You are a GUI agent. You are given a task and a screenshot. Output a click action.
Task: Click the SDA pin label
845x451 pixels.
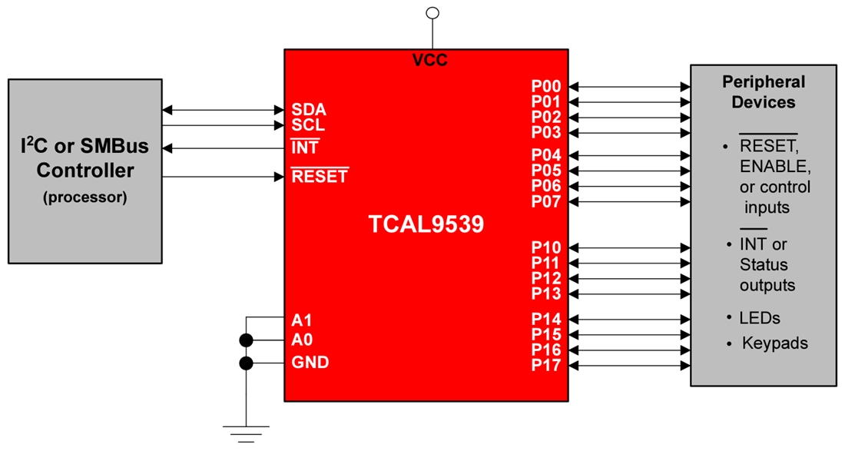pos(309,110)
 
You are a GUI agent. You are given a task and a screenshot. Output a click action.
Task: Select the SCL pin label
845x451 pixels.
pos(308,125)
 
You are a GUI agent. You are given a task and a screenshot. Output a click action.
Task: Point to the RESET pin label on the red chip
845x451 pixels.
pos(320,177)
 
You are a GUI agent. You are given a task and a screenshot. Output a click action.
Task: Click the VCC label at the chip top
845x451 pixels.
pos(430,61)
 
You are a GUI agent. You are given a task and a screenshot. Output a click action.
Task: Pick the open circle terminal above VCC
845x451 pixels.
pos(432,12)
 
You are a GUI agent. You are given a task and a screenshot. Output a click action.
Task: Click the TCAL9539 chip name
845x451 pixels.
pos(426,224)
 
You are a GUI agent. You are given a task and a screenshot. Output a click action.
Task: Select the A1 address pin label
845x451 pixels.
pos(302,319)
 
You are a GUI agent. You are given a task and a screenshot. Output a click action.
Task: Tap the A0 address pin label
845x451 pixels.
pos(302,340)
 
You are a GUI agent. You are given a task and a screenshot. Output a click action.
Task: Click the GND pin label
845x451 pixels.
pos(310,363)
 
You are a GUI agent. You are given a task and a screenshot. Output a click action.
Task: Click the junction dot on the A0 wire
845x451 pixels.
pos(246,340)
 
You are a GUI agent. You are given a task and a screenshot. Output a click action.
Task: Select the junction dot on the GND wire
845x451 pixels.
pos(246,363)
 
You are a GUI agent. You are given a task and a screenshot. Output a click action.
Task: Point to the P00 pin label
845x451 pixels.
pos(546,87)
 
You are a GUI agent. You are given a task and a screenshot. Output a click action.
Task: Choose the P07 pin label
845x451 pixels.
pos(546,202)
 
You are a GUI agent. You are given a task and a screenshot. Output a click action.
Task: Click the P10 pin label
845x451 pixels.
pos(546,248)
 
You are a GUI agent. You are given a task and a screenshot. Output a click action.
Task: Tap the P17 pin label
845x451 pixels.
pos(546,366)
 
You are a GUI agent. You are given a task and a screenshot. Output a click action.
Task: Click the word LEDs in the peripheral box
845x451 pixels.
pos(759,317)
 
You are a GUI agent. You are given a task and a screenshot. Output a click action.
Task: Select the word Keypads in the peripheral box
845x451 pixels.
pos(774,343)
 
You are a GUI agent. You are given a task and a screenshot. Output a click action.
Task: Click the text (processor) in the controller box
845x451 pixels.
pos(85,197)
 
